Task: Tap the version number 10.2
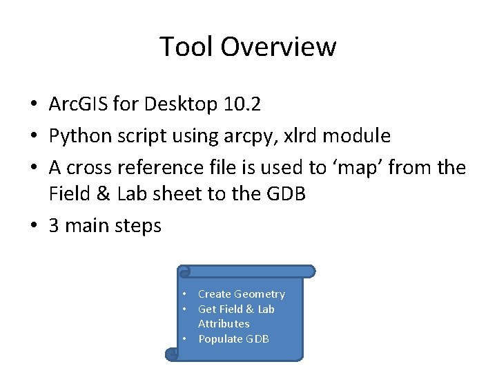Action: tap(242, 104)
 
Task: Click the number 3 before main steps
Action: tap(54, 226)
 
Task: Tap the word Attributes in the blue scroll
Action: tap(224, 324)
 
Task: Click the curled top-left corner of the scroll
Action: tap(183, 271)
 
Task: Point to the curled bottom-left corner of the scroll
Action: tap(172, 354)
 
